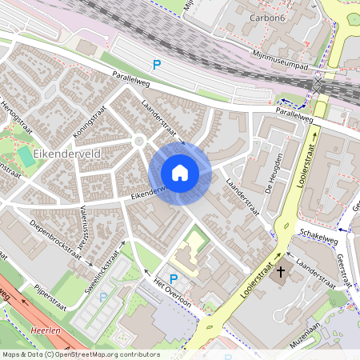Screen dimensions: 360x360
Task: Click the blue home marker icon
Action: point(180,172)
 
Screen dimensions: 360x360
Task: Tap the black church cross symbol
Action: point(280,272)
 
